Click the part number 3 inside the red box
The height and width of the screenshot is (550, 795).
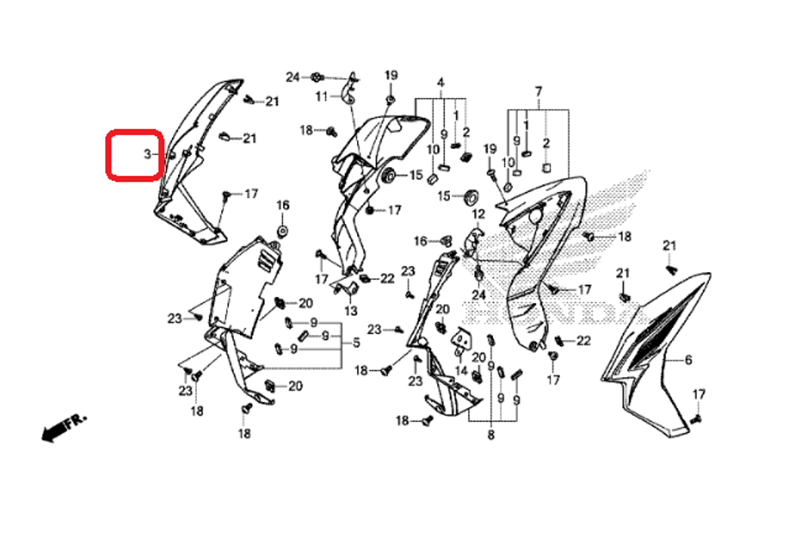coord(147,154)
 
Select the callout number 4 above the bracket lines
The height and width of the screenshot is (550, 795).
coord(440,83)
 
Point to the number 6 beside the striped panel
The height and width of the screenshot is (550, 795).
coord(688,361)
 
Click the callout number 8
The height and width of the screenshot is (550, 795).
coord(491,435)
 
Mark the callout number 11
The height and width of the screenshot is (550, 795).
coord(321,96)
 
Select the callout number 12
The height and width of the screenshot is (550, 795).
coord(478,214)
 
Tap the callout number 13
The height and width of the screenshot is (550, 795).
coord(351,310)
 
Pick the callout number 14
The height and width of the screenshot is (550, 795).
coord(462,371)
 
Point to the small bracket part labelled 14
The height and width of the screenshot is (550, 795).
coord(460,341)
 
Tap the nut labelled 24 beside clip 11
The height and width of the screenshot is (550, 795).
coord(316,76)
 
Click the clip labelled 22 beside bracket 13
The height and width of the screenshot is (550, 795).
coord(365,279)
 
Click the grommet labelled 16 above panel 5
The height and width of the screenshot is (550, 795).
coord(282,231)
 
